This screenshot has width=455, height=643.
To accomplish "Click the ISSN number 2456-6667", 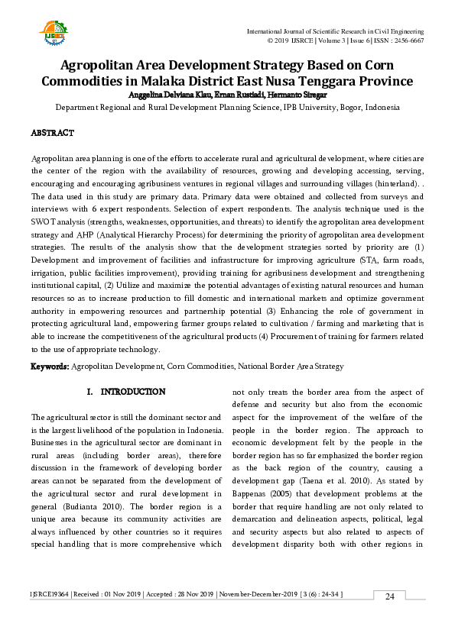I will pos(408,40).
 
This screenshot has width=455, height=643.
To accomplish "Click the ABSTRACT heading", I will pos(52,133).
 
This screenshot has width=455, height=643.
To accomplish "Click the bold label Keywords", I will pos(50,367).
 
